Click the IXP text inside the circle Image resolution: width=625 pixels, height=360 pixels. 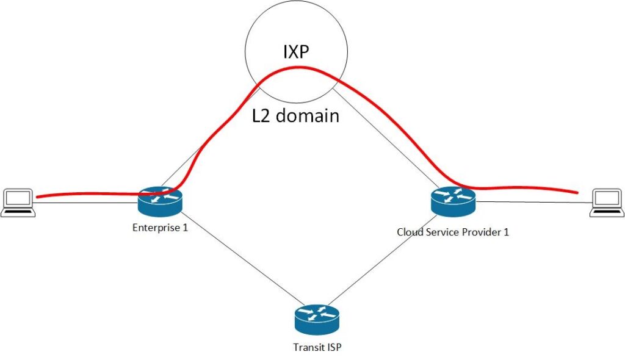point(296,52)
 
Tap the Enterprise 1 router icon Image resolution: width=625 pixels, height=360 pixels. point(159,201)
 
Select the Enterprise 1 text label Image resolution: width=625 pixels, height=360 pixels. point(159,228)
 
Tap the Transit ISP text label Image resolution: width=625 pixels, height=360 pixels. point(316,347)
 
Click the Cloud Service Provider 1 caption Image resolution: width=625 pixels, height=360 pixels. point(452,232)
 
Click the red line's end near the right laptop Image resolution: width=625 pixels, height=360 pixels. point(576,193)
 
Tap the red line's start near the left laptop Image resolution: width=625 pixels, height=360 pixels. point(38,197)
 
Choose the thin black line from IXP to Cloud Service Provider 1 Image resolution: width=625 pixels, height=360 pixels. point(391,140)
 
